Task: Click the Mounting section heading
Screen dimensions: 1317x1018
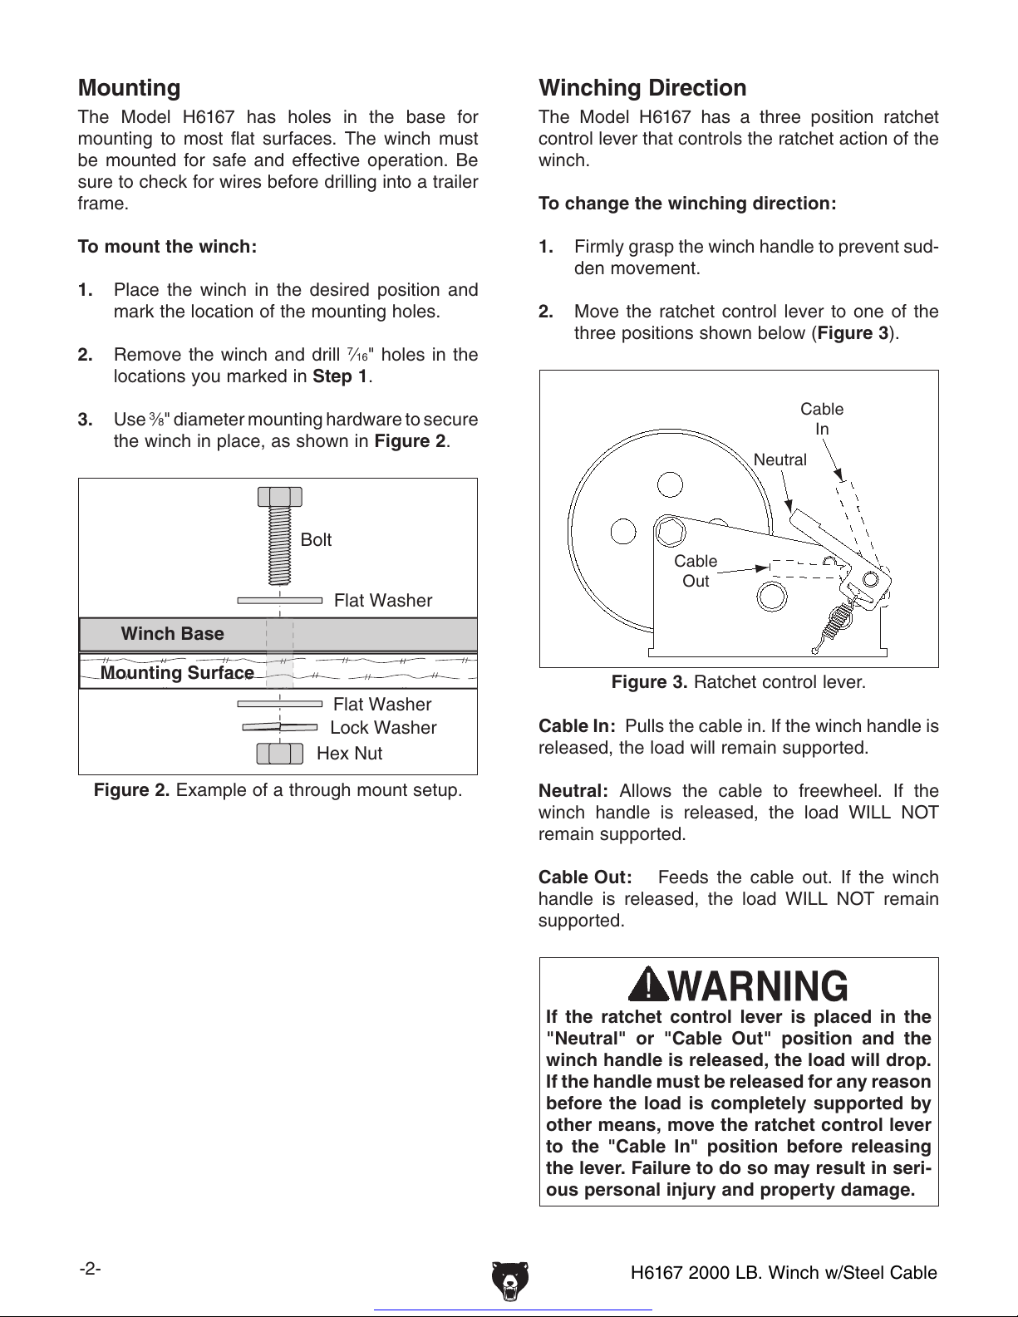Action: [129, 88]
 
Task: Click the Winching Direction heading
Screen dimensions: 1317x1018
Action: [642, 88]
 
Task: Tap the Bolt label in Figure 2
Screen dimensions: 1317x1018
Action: [316, 540]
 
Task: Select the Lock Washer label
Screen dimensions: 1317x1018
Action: [383, 728]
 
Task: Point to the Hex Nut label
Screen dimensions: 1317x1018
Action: [350, 754]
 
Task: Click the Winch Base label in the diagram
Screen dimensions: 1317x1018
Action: [172, 634]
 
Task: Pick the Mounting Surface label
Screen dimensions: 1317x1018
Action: [177, 673]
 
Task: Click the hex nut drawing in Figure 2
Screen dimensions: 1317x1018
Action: [279, 754]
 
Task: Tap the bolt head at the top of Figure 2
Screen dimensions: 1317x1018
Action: [279, 497]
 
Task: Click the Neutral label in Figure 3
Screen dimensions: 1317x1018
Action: [779, 459]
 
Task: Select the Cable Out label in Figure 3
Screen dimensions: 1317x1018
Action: [696, 571]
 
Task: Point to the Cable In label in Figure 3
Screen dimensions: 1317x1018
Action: [822, 419]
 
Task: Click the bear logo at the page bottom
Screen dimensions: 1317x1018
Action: [509, 1280]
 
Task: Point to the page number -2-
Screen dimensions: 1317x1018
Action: [91, 1269]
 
